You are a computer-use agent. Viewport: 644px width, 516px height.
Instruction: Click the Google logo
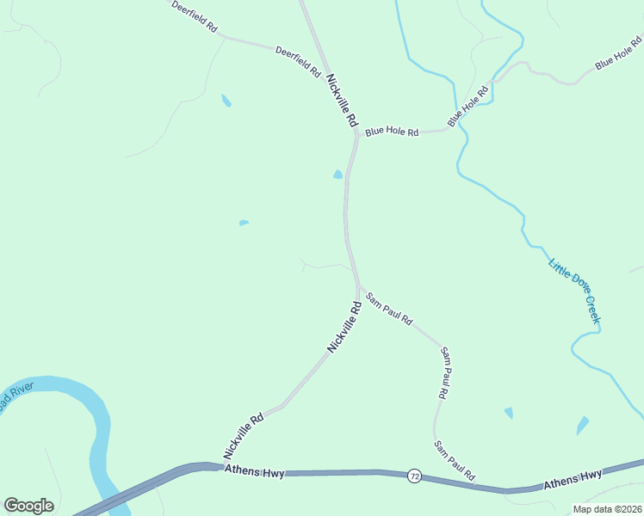(x=28, y=506)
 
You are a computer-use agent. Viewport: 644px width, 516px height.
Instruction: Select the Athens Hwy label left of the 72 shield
(x=253, y=470)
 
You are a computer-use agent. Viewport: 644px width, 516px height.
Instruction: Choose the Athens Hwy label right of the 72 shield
(x=573, y=481)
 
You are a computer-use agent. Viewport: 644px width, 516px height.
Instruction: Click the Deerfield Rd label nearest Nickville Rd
(x=298, y=62)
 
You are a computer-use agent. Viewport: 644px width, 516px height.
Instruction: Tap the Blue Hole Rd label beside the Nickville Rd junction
(x=392, y=132)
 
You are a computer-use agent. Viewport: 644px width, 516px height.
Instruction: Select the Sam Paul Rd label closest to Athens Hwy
(x=454, y=460)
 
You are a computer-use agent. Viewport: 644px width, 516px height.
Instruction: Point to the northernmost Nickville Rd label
(x=341, y=101)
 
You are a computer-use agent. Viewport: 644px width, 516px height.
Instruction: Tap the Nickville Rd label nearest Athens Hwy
(x=243, y=436)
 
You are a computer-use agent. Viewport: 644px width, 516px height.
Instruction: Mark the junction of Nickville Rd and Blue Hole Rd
(x=356, y=134)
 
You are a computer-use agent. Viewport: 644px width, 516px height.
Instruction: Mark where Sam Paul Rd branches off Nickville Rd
(x=357, y=287)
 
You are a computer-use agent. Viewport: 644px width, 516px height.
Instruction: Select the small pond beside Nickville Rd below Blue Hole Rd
(x=337, y=175)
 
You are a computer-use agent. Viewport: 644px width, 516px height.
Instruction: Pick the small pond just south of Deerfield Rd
(x=226, y=101)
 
